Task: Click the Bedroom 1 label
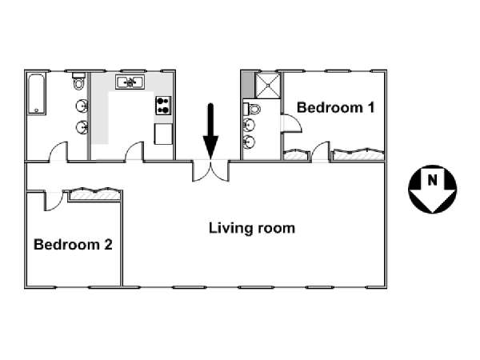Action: coord(336,108)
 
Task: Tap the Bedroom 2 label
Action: coord(73,245)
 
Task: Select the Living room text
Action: coord(252,228)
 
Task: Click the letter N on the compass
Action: coord(432,180)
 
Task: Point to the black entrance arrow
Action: coord(210,131)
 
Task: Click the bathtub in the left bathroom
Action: coord(37,94)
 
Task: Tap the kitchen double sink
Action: coord(130,82)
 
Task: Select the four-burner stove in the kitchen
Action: coord(163,106)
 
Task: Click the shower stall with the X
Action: coord(267,86)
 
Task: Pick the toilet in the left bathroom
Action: coord(78,81)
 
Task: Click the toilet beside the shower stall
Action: coord(252,109)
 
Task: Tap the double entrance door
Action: coord(210,170)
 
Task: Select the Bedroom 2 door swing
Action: coord(54,201)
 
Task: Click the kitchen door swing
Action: coord(134,151)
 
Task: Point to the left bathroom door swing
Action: coord(58,151)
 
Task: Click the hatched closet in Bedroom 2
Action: coord(95,194)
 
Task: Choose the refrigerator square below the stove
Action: coord(163,134)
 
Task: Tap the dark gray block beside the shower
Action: coord(248,85)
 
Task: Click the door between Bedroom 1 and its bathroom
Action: coord(291,123)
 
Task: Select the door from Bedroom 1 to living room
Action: coord(321,151)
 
